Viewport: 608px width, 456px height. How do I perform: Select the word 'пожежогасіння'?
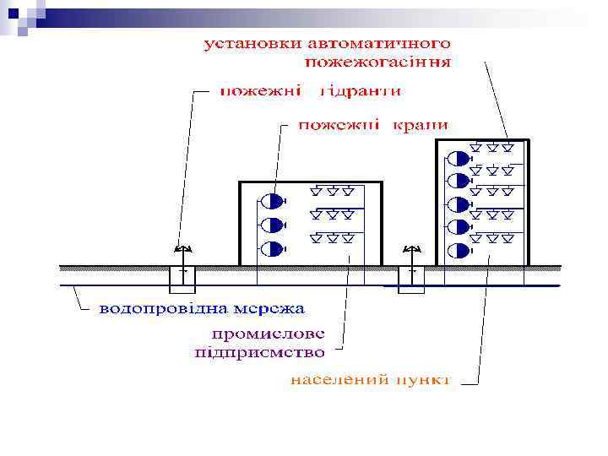coord(378,62)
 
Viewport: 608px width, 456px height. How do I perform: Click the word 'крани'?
coord(418,125)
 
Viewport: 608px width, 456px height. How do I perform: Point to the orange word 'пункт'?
coord(421,380)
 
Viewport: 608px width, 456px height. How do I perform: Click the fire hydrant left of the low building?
coord(182,249)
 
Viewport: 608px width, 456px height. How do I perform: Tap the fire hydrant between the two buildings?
coord(412,250)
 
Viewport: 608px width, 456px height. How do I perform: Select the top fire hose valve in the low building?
coord(273,202)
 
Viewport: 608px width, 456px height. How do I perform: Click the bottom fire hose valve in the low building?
coord(273,248)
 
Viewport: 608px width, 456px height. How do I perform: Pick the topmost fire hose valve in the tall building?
coord(458,158)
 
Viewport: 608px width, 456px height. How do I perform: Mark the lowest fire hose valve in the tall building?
coord(458,251)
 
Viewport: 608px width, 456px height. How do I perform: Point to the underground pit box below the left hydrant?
coord(182,277)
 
